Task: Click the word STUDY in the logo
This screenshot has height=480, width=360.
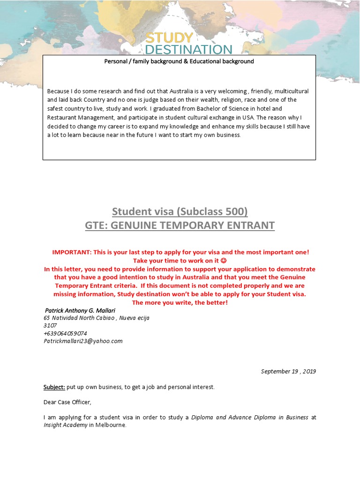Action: (x=168, y=38)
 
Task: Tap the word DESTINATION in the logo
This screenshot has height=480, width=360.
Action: (x=188, y=49)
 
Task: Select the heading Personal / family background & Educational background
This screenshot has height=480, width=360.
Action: (x=179, y=61)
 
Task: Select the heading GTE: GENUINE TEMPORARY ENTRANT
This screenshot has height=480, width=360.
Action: (x=180, y=225)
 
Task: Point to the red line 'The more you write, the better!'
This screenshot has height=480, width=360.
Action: (x=180, y=303)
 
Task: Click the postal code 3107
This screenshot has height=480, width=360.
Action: (x=50, y=325)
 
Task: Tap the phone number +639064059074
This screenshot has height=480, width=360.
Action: (x=65, y=333)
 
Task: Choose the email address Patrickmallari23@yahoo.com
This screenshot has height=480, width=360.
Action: (x=83, y=341)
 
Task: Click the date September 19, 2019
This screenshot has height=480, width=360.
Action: (x=288, y=371)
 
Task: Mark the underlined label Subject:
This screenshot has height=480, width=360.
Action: (x=54, y=387)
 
